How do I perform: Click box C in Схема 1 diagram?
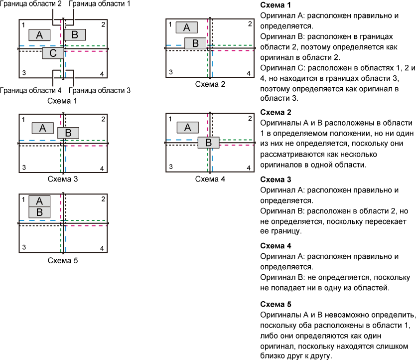(53, 53)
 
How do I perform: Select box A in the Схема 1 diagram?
(39, 35)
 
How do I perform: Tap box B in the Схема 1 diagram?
(75, 34)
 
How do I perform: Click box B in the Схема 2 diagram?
(195, 43)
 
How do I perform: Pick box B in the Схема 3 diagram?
(68, 133)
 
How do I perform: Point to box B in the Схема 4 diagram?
(209, 143)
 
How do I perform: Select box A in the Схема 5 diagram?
(39, 201)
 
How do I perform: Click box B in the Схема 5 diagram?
(39, 212)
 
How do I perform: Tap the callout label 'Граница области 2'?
(31, 3)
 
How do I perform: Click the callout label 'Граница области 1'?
(100, 3)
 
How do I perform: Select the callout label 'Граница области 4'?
(31, 91)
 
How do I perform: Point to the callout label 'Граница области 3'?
(100, 91)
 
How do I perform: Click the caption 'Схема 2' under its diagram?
(210, 84)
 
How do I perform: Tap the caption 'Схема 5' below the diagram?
(63, 260)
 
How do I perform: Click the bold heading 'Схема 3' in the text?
(276, 180)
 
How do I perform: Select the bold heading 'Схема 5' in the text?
(276, 304)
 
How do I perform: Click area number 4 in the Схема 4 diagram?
(249, 168)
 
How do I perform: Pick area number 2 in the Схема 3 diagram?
(103, 119)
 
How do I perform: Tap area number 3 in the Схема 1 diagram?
(24, 73)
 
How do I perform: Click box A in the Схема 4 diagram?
(187, 128)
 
